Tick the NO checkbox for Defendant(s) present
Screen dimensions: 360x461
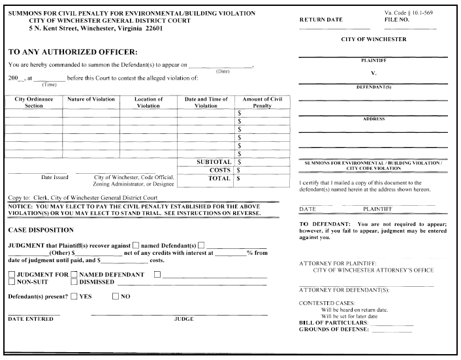click(x=116, y=297)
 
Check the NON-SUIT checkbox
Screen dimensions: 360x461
click(x=12, y=282)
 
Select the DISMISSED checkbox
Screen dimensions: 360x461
click(x=74, y=282)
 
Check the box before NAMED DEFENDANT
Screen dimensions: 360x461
click(x=74, y=274)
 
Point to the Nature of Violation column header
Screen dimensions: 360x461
click(x=91, y=99)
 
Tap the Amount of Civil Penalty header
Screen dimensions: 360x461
click(x=262, y=102)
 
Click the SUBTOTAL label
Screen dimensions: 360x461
click(x=214, y=161)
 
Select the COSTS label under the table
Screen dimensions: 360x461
click(x=219, y=169)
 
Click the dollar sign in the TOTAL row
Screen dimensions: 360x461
click(x=240, y=177)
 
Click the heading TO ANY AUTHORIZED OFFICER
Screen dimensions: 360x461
click(x=72, y=51)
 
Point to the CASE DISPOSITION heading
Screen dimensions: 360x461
click(x=40, y=230)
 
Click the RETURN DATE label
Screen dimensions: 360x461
click(x=321, y=20)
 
